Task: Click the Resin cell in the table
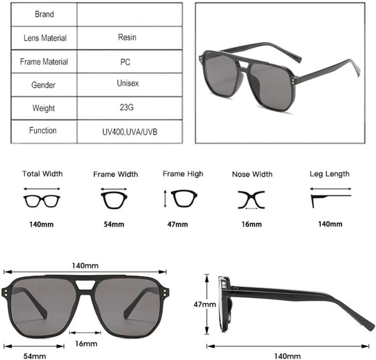pyautogui.click(x=127, y=37)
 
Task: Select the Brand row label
pyautogui.click(x=44, y=14)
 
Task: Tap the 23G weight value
pyautogui.click(x=126, y=107)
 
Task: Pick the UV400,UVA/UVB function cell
pyautogui.click(x=130, y=132)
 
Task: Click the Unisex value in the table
pyautogui.click(x=128, y=83)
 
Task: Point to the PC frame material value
pyautogui.click(x=125, y=62)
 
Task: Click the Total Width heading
pyautogui.click(x=42, y=174)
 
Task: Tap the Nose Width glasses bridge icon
pyautogui.click(x=251, y=200)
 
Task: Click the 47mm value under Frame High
pyautogui.click(x=178, y=224)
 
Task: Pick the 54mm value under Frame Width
pyautogui.click(x=114, y=224)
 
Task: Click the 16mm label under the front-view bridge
pyautogui.click(x=86, y=344)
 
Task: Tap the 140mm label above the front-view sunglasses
pyautogui.click(x=85, y=266)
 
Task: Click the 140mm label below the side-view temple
pyautogui.click(x=287, y=356)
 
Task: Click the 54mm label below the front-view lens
pyautogui.click(x=34, y=356)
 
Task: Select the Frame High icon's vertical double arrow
pyautogui.click(x=165, y=199)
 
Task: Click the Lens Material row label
pyautogui.click(x=45, y=38)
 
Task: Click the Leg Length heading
pyautogui.click(x=329, y=174)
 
